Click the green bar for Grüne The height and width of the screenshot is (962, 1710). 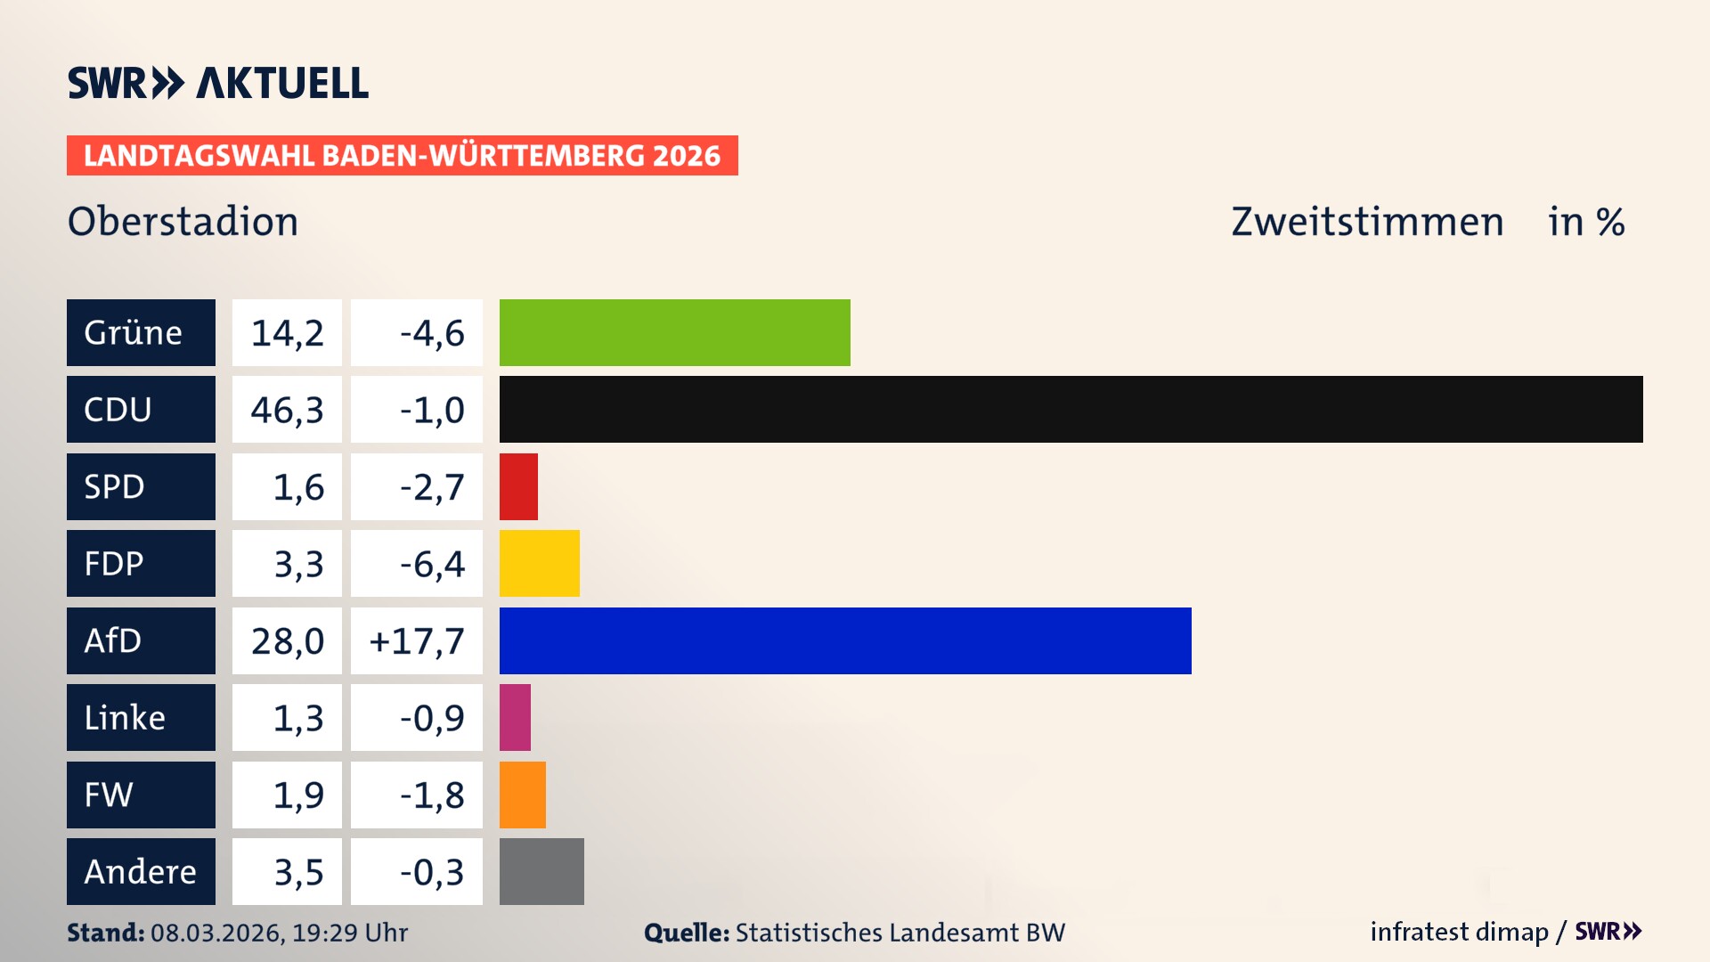click(674, 332)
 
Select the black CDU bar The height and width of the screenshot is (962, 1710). click(1071, 409)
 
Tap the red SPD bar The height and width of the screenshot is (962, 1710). click(518, 486)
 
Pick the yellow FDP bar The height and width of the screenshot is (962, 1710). click(539, 563)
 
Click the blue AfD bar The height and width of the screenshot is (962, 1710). click(844, 640)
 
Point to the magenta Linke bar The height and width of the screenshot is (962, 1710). click(515, 717)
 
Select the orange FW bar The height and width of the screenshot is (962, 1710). click(522, 795)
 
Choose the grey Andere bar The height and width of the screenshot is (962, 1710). click(541, 871)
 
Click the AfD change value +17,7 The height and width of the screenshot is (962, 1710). click(417, 640)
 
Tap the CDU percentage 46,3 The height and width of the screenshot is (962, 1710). click(287, 410)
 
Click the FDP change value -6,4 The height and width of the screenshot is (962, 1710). click(431, 564)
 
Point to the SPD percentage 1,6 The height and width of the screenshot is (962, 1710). click(297, 487)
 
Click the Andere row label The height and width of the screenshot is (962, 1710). click(141, 871)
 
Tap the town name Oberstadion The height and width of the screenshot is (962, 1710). click(183, 222)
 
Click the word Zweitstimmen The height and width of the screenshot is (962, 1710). click(1367, 222)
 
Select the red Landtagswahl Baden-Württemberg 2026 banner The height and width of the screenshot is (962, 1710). click(402, 156)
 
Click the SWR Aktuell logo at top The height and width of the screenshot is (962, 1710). click(217, 83)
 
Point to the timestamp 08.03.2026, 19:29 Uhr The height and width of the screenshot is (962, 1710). click(279, 933)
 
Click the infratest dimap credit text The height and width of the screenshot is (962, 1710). click(1459, 932)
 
